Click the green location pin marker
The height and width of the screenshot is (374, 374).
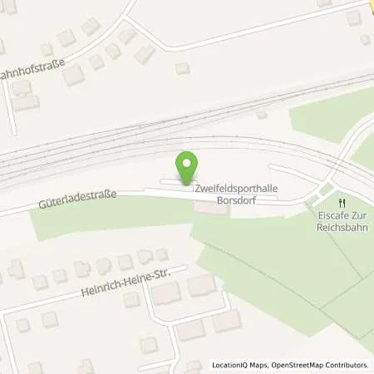[189, 167]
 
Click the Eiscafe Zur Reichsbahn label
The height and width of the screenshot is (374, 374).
[340, 222]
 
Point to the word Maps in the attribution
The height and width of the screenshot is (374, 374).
[260, 365]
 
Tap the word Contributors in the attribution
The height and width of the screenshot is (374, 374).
[346, 365]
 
